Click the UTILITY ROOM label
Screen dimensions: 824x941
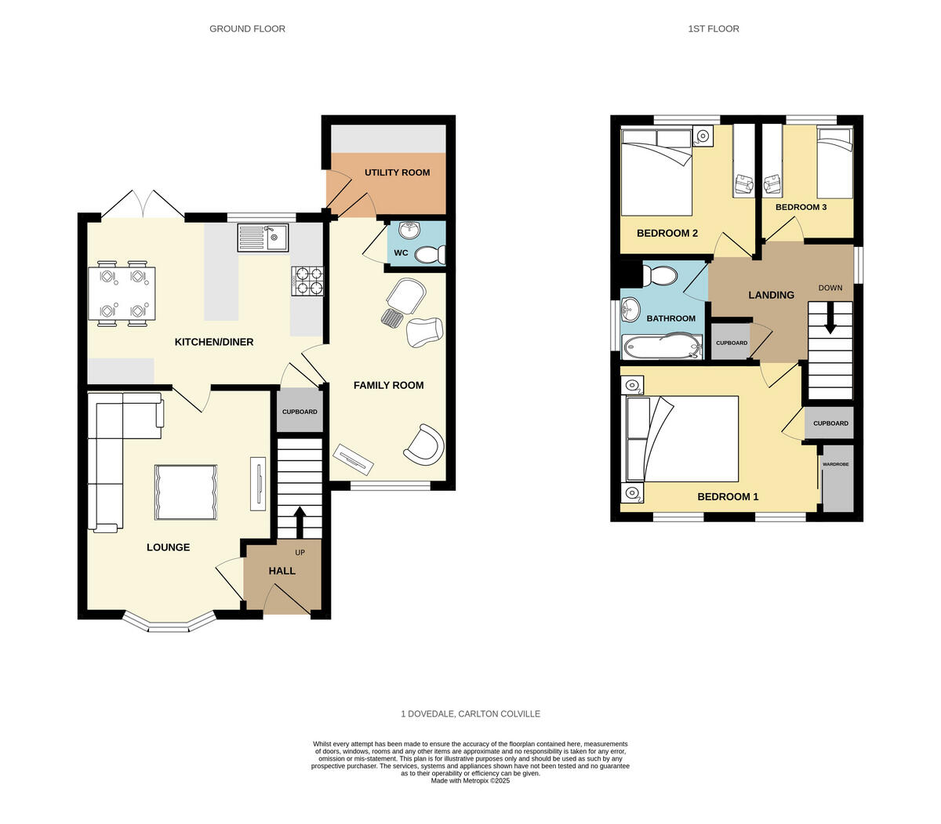(397, 172)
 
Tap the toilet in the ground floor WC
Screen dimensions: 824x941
(431, 255)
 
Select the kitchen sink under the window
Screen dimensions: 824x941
(263, 237)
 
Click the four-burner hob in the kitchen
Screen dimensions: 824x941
(307, 281)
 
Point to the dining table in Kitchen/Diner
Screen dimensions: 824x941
(122, 293)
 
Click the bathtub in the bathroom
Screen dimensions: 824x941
(662, 346)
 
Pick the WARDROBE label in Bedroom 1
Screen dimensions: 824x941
(835, 464)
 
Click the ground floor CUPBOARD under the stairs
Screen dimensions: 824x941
(300, 412)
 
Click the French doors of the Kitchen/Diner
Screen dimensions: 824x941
(142, 205)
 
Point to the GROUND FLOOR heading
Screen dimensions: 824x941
(247, 29)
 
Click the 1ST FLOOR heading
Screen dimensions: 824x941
(714, 29)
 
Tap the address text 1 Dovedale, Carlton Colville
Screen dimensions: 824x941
(470, 714)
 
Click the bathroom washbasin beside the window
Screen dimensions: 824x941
(630, 312)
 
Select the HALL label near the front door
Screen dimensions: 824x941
(282, 571)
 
